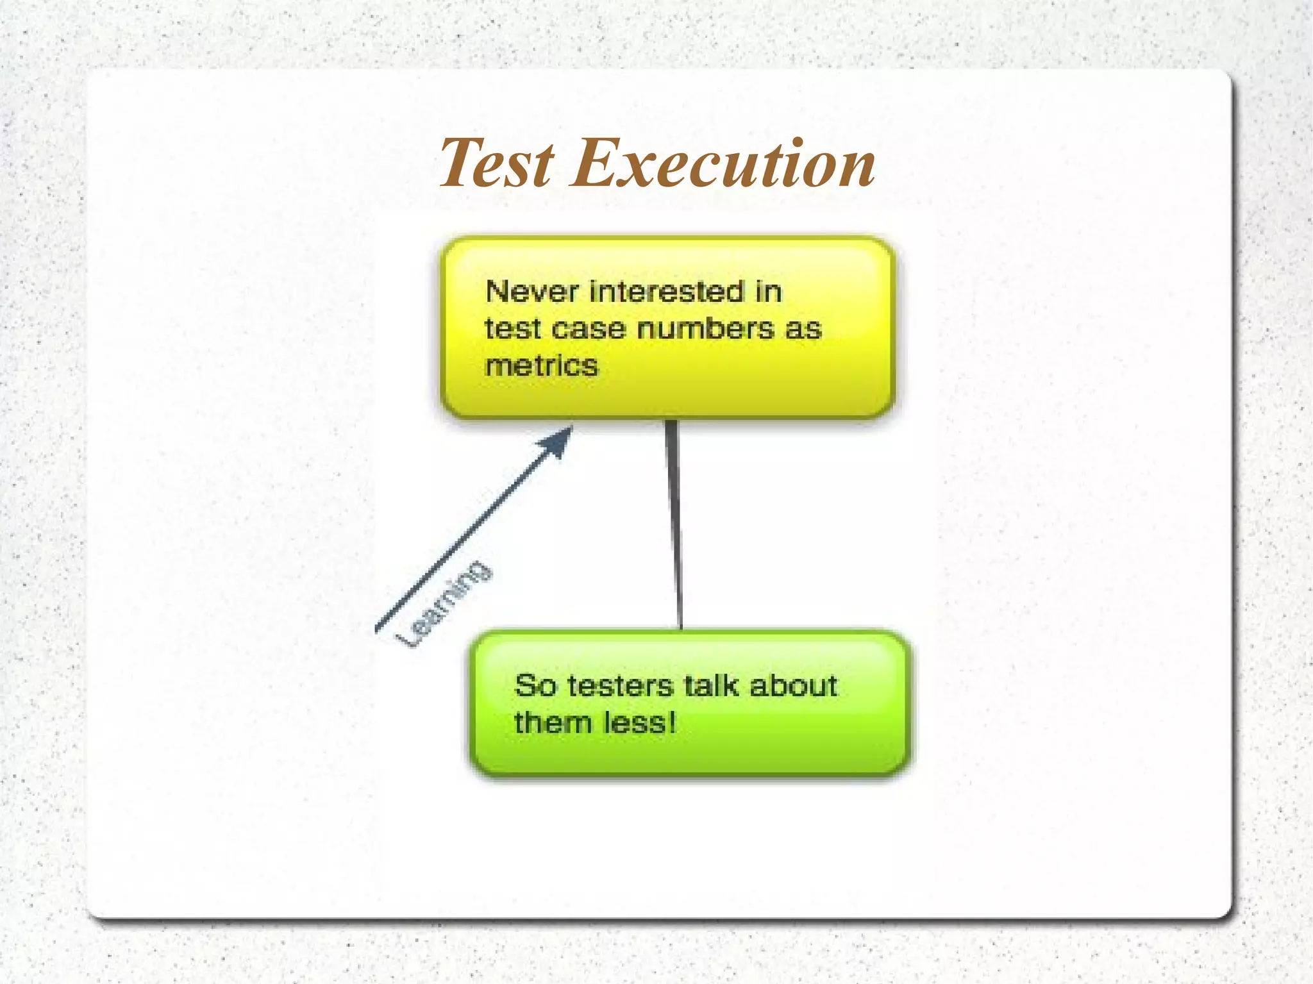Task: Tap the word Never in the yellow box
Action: pyautogui.click(x=532, y=292)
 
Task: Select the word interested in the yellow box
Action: pyautogui.click(x=666, y=292)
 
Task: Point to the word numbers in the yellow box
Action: pyautogui.click(x=706, y=329)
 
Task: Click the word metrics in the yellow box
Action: pyautogui.click(x=542, y=366)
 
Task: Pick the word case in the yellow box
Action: pyautogui.click(x=588, y=329)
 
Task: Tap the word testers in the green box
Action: pyautogui.click(x=621, y=686)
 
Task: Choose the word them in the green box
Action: pyautogui.click(x=553, y=723)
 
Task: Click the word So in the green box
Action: pyautogui.click(x=535, y=686)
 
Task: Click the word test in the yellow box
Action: pyautogui.click(x=512, y=329)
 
